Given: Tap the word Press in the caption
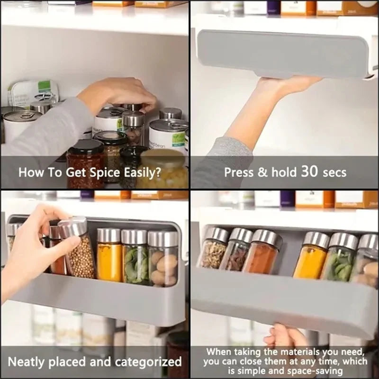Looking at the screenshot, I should pyautogui.click(x=239, y=171).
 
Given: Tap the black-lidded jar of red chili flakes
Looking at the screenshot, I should pyautogui.click(x=85, y=163).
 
